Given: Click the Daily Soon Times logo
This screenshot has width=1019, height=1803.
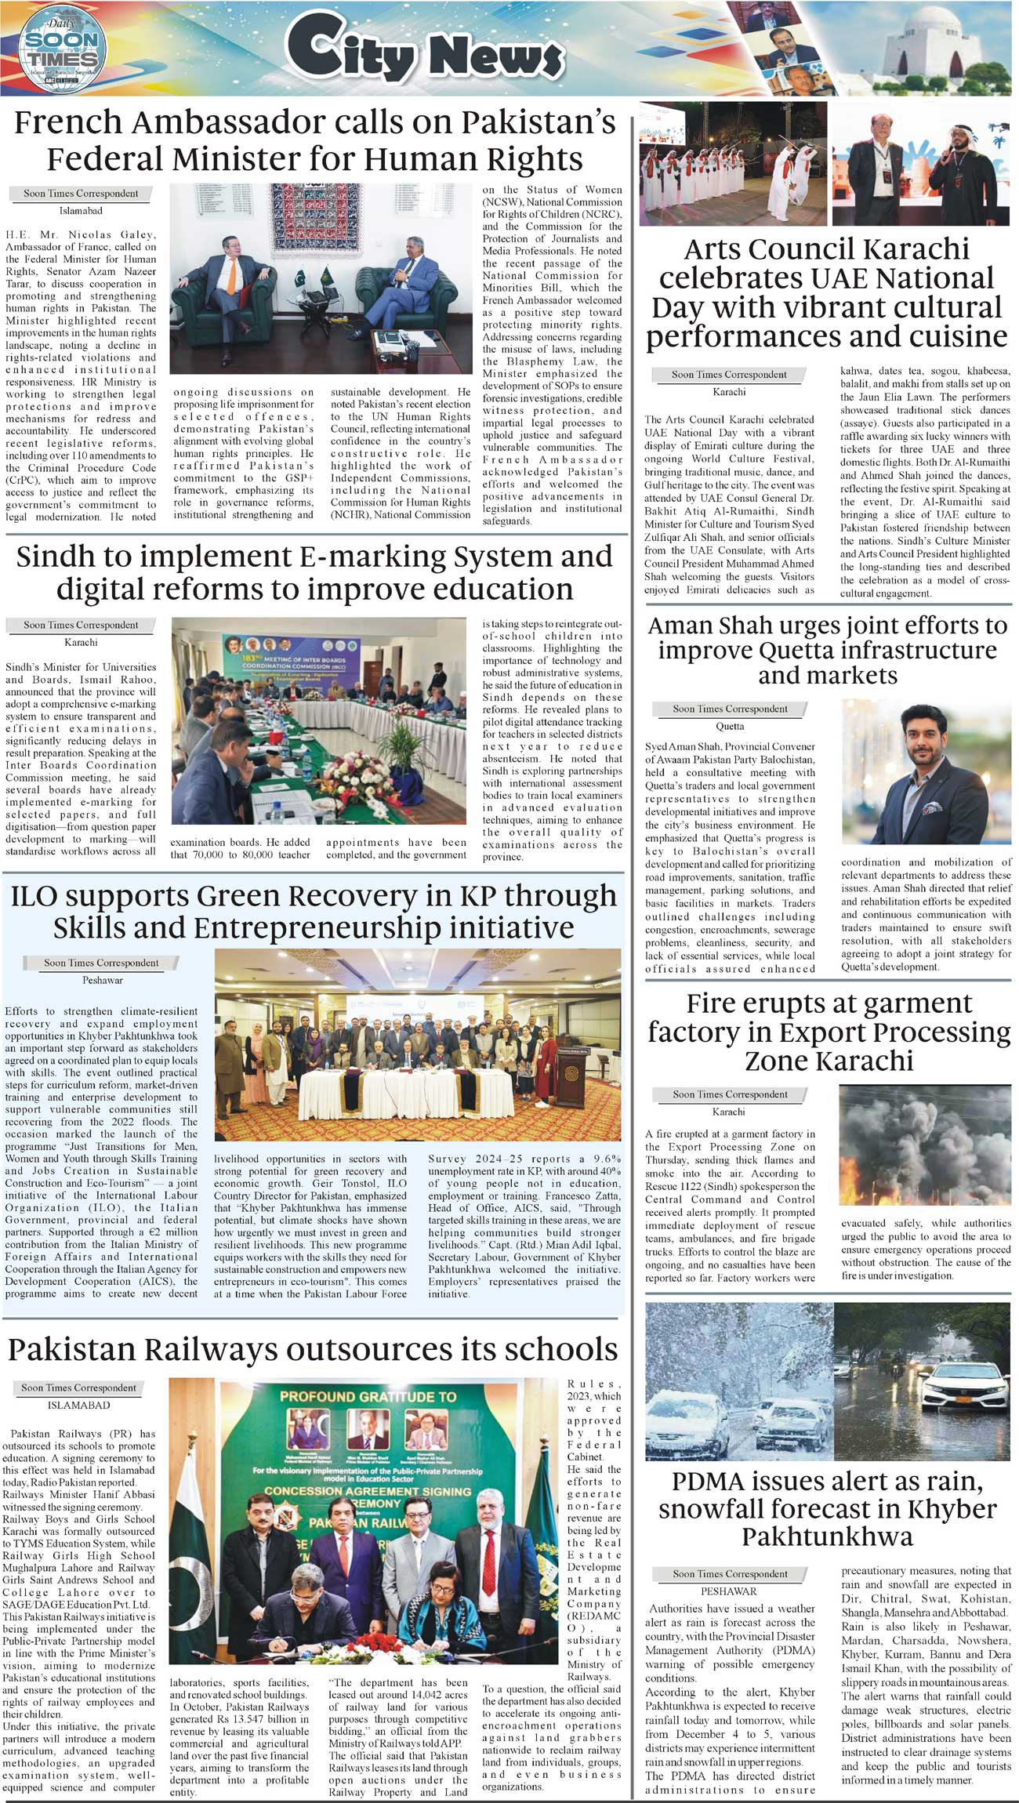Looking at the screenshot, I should (x=60, y=49).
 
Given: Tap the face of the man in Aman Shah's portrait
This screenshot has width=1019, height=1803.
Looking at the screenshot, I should (x=927, y=739).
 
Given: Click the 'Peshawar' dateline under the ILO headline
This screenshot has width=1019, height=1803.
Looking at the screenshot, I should (x=103, y=980).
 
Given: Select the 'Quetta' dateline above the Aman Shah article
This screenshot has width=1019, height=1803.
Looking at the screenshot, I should (x=730, y=726).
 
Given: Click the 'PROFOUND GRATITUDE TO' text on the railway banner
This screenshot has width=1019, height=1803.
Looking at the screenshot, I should (x=368, y=1396).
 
